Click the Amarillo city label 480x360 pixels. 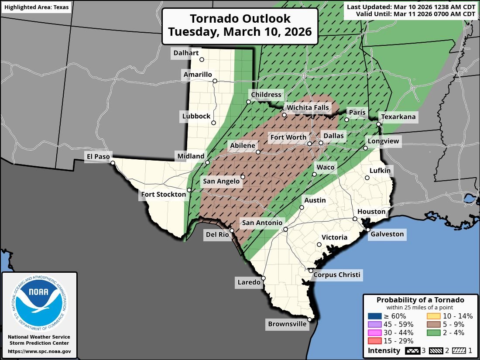(x=198, y=75)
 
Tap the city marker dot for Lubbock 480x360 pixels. (x=214, y=123)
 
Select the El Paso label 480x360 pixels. (x=98, y=156)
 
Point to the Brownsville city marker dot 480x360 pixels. (x=309, y=319)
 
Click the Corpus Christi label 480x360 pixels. (x=337, y=274)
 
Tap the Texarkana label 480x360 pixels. (x=398, y=117)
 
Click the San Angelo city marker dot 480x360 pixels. (x=243, y=177)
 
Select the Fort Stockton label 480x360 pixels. (x=163, y=194)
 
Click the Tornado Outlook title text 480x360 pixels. (x=240, y=25)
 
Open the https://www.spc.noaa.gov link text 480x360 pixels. (x=39, y=351)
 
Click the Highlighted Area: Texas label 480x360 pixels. (x=36, y=7)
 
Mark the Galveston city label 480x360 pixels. (x=387, y=234)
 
